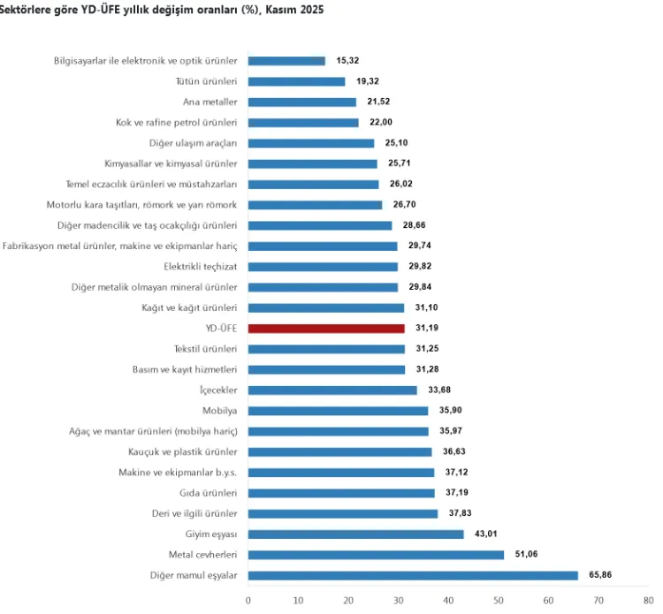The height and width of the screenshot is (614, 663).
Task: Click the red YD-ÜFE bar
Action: pyautogui.click(x=326, y=328)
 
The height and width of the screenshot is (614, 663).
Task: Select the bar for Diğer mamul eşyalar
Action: pyautogui.click(x=413, y=575)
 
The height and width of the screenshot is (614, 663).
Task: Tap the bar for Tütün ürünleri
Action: pyautogui.click(x=296, y=81)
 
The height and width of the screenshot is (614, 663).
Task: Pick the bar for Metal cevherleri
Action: pyautogui.click(x=376, y=555)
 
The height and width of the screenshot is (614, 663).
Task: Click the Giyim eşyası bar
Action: pyautogui.click(x=355, y=534)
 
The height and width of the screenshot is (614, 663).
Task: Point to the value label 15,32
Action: pyautogui.click(x=347, y=61)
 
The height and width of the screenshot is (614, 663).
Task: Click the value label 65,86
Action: pyautogui.click(x=600, y=575)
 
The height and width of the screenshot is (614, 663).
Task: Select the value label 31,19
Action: pyautogui.click(x=427, y=328)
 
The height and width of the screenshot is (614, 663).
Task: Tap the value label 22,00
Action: pyautogui.click(x=381, y=123)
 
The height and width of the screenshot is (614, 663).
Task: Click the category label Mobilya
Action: pyautogui.click(x=220, y=410)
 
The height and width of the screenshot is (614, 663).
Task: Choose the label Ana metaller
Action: pyautogui.click(x=210, y=102)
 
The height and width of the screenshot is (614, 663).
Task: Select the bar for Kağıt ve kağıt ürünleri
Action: pyautogui.click(x=326, y=307)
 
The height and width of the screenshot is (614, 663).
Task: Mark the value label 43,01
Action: pyautogui.click(x=486, y=534)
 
